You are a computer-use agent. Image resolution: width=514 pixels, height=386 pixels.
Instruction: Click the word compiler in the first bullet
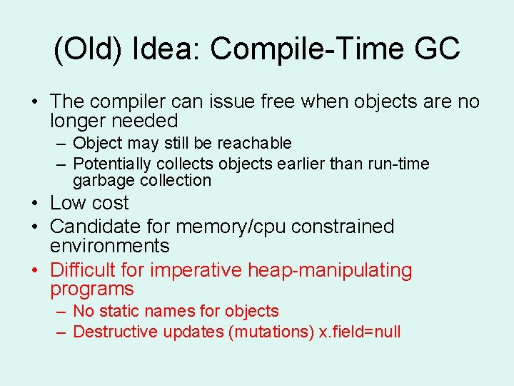[133, 102]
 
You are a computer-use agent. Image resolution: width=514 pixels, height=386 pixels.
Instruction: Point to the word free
[274, 102]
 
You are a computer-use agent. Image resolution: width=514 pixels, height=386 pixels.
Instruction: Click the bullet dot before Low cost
[34, 204]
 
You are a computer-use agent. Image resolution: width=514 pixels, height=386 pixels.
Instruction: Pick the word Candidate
[96, 227]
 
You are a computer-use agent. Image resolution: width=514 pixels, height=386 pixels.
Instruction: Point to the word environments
[109, 247]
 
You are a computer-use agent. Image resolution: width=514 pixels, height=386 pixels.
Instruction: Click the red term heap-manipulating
[330, 270]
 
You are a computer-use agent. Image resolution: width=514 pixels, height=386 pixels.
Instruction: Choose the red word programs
[92, 289]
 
